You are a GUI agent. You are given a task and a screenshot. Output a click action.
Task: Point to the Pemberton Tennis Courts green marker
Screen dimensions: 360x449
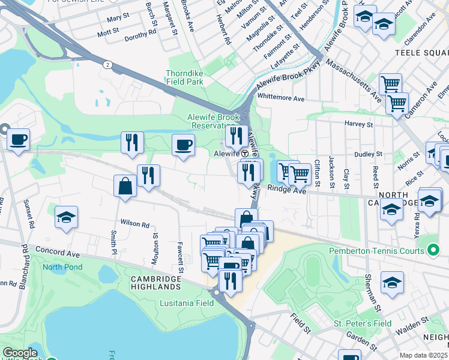pos(435,248)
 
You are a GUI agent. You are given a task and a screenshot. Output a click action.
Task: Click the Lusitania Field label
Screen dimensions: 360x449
pos(187,304)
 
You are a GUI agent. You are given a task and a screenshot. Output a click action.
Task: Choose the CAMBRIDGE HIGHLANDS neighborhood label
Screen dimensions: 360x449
pos(156,283)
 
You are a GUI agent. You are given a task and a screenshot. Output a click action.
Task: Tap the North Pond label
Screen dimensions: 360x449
pos(61,267)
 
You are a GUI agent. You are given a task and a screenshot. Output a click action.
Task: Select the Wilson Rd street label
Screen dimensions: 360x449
pos(134,224)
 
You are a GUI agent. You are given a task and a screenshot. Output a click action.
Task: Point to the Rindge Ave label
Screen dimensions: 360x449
pos(286,191)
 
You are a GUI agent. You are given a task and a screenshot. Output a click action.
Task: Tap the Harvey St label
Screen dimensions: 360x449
pos(359,124)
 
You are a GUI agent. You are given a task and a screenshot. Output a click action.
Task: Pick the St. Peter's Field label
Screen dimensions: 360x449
pos(363,323)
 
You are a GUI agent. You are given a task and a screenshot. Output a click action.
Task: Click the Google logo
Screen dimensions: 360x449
pos(20,353)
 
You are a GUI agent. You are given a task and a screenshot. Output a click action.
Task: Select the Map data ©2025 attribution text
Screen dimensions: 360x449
pos(423,355)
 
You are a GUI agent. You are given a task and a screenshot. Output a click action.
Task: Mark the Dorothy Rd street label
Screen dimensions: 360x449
pos(140,38)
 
